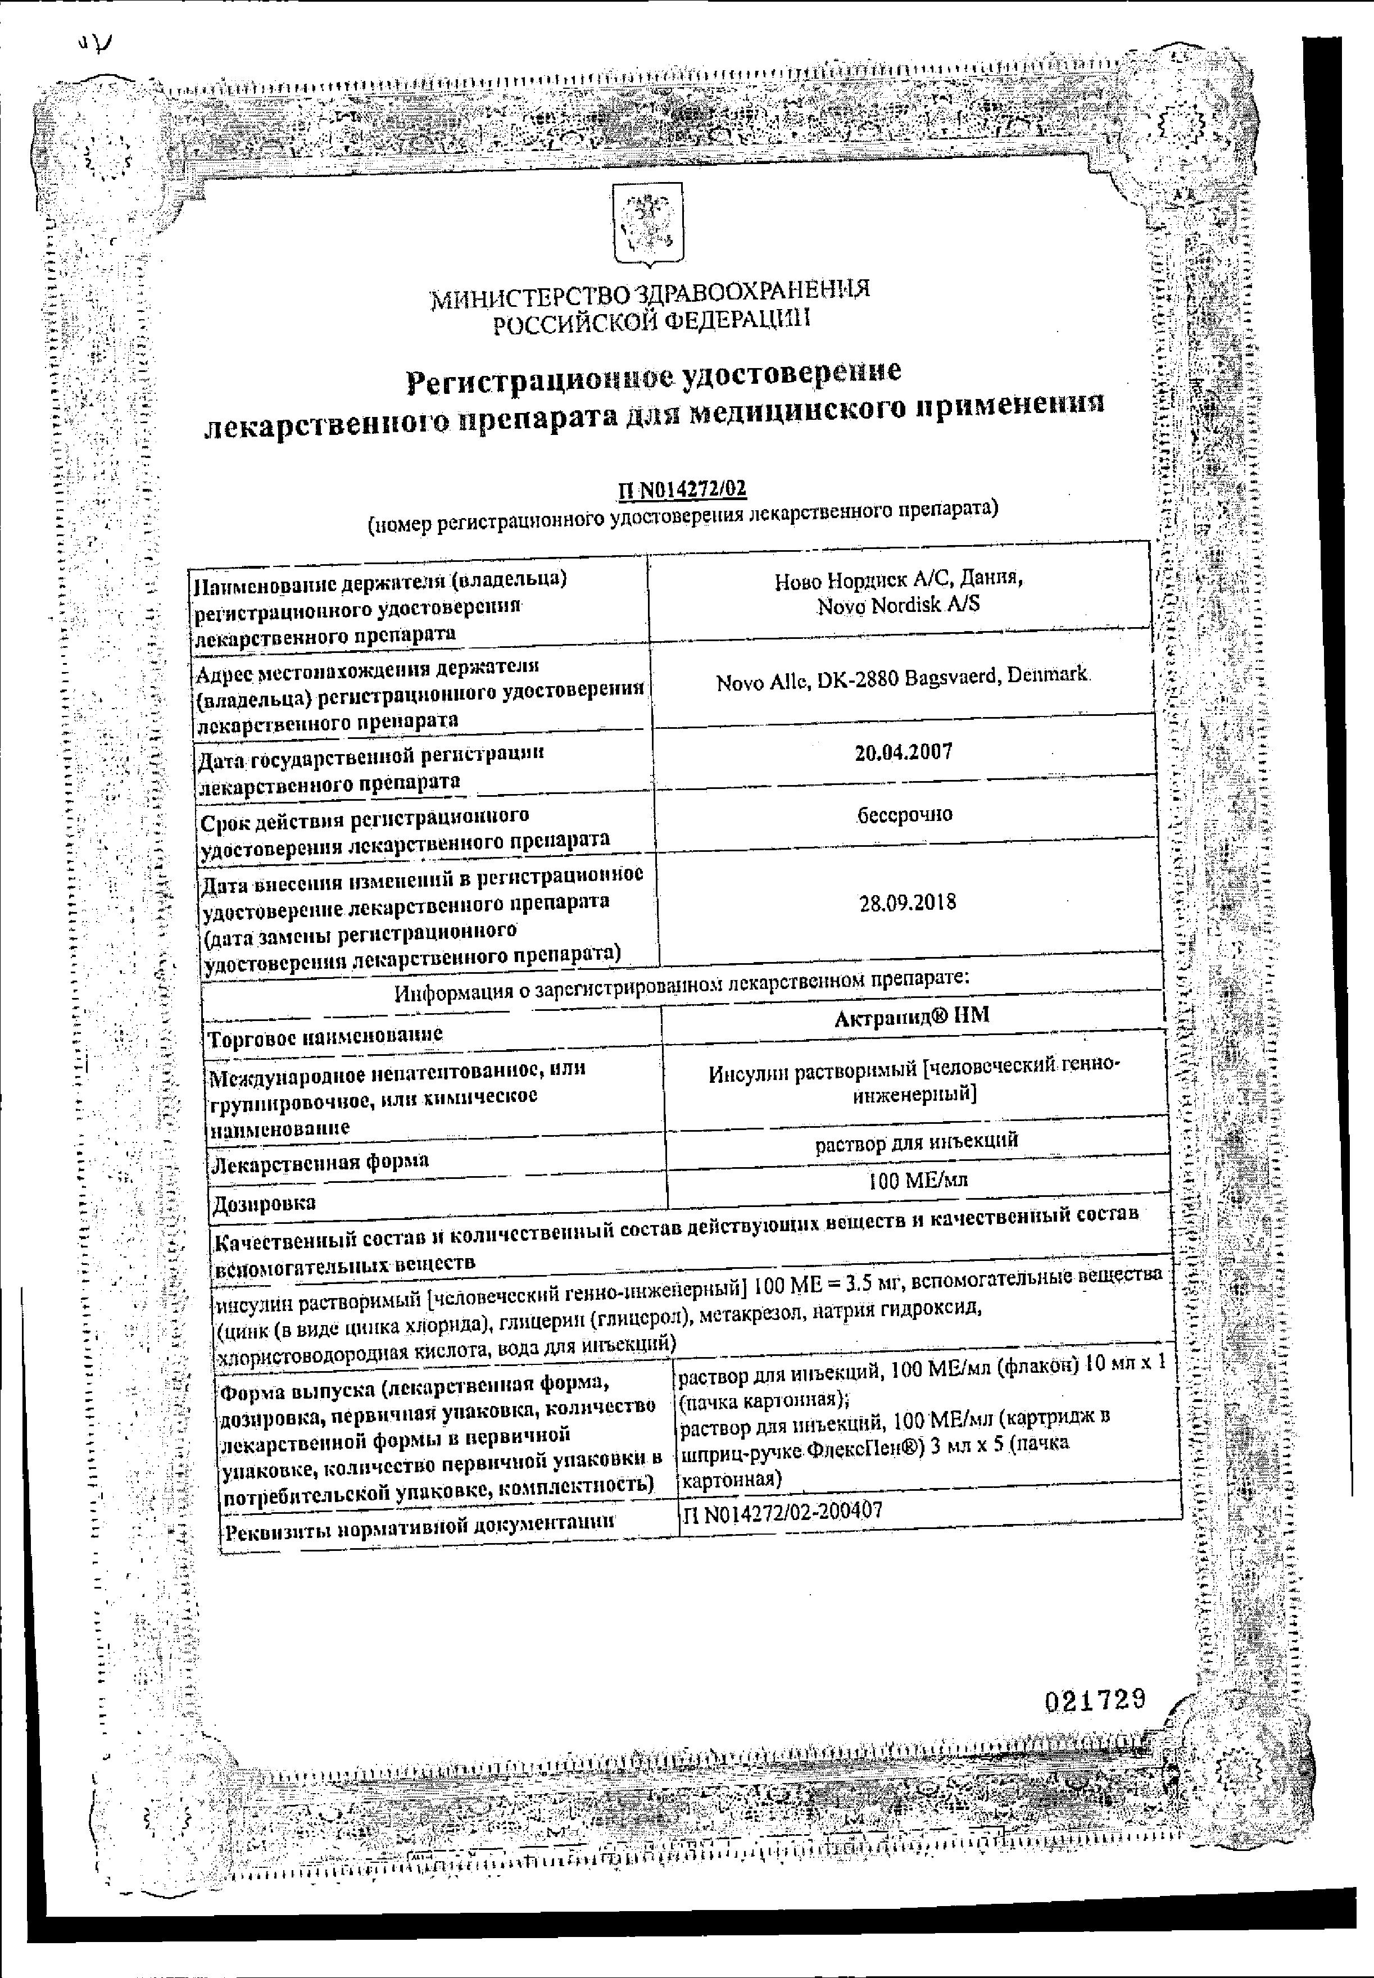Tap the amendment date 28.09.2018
click(908, 903)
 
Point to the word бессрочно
click(905, 814)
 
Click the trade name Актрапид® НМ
click(911, 1015)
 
